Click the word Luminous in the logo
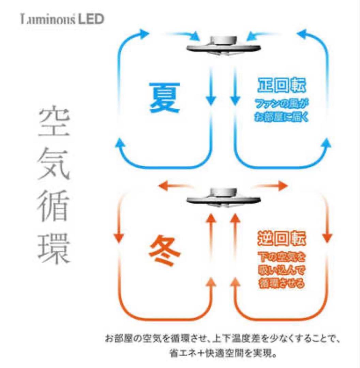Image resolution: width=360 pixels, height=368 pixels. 45,19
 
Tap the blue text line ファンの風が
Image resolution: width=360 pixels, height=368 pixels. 281,103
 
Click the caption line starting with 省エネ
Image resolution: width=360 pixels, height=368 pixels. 222,354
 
